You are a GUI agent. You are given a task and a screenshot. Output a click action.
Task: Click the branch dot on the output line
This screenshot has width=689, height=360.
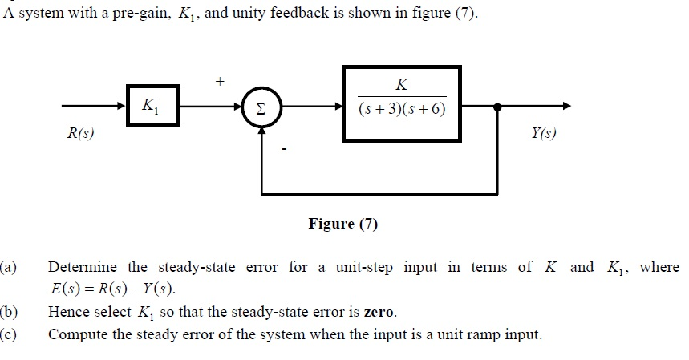[497, 106]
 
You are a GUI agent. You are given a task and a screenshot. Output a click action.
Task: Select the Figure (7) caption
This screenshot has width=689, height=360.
[342, 224]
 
